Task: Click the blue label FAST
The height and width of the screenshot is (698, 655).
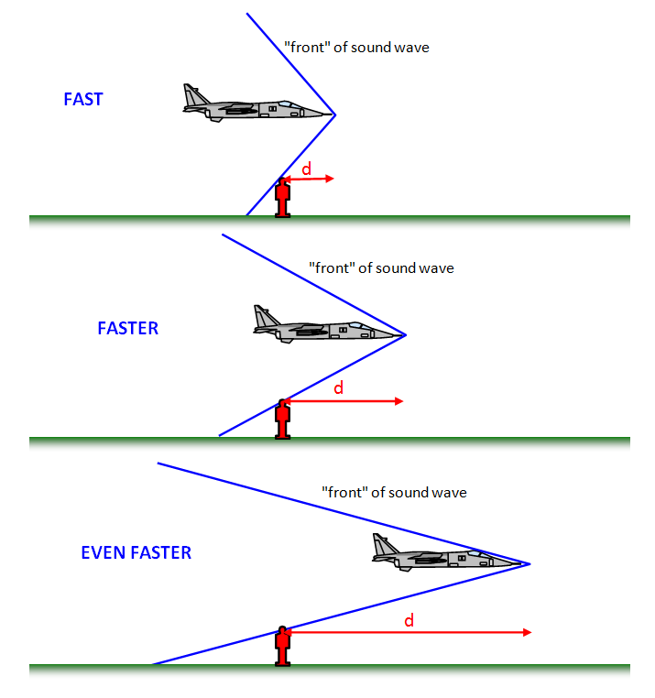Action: point(82,99)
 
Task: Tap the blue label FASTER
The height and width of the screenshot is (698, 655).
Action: point(127,328)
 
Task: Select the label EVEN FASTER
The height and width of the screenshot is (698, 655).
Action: point(136,552)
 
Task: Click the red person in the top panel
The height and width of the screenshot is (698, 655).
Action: point(283,197)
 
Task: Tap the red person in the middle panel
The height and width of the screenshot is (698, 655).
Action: point(283,420)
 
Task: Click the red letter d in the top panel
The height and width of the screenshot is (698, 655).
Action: point(307,168)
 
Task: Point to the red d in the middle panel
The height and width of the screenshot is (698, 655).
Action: point(338,388)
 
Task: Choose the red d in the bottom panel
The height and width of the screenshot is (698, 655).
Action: point(409,621)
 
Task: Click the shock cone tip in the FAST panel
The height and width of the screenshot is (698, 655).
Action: point(335,115)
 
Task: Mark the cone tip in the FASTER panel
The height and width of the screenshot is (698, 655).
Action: point(405,335)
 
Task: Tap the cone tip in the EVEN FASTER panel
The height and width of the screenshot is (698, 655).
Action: point(530,562)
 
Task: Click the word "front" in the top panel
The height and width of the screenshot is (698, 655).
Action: point(305,47)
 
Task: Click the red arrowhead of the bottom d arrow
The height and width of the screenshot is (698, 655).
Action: point(527,632)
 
